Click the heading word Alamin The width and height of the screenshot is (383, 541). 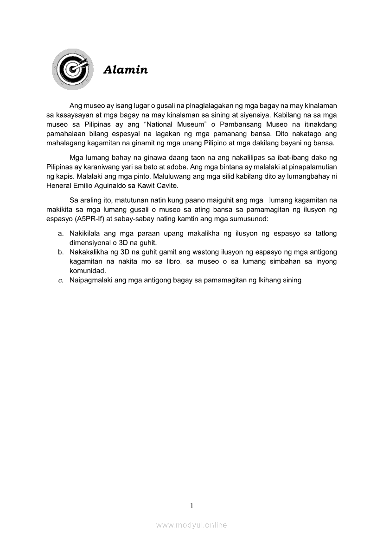click(x=125, y=70)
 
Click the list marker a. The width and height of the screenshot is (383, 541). click(x=60, y=234)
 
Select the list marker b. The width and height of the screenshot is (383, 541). click(x=60, y=252)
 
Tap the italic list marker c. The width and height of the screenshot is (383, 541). click(x=60, y=280)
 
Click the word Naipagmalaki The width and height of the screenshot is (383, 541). click(x=91, y=280)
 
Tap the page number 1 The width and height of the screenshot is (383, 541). click(x=191, y=506)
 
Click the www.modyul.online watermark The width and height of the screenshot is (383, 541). click(x=191, y=525)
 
